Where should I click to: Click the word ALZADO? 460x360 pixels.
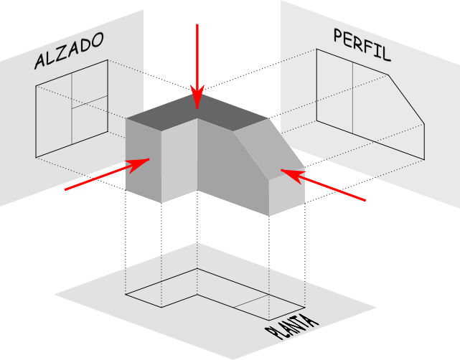[70, 50]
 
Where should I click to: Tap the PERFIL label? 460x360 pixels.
[362, 43]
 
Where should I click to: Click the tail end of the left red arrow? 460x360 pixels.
[66, 189]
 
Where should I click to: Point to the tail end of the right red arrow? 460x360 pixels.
[365, 200]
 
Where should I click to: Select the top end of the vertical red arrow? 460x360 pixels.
[197, 25]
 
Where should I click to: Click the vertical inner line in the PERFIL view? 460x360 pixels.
[352, 97]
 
